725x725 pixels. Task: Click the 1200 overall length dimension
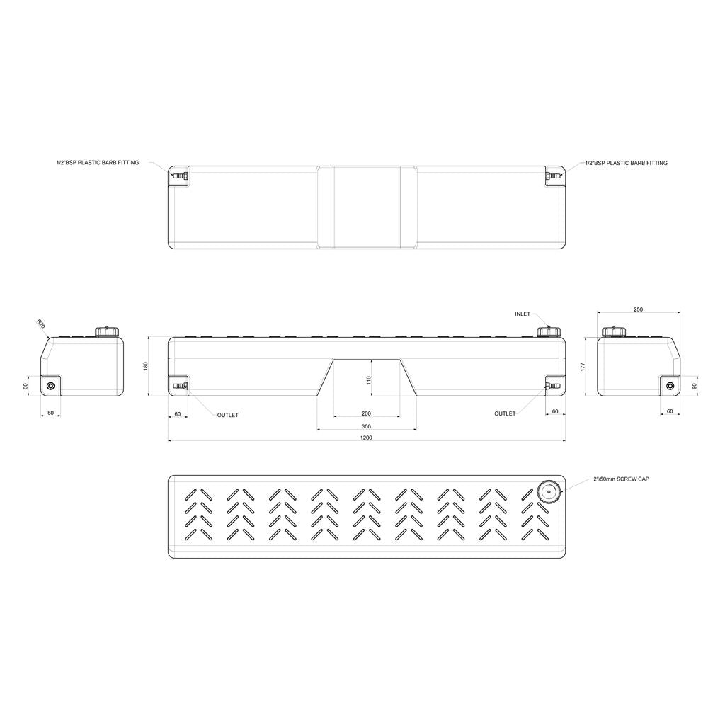tap(366, 438)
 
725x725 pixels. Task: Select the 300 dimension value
tap(366, 426)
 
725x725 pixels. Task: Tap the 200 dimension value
tap(366, 413)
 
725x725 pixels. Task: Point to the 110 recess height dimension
tap(368, 379)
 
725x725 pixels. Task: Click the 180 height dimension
tap(146, 366)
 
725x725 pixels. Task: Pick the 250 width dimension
tap(639, 309)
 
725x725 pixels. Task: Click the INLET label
tap(523, 313)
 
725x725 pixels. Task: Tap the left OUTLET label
tap(228, 415)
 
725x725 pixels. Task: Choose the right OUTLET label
tap(505, 413)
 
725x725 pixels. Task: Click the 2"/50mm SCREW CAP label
tap(621, 479)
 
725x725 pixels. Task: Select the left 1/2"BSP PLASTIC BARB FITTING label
tap(98, 163)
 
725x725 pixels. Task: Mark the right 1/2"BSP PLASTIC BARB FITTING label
tap(627, 163)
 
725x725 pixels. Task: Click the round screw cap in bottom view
tap(548, 491)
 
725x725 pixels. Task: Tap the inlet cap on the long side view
tap(548, 331)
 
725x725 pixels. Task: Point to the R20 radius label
tap(40, 324)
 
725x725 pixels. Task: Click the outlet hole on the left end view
tap(50, 386)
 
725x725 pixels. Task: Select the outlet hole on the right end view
tap(670, 386)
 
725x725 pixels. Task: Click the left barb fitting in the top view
tap(180, 174)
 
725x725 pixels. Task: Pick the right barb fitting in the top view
tap(552, 174)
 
